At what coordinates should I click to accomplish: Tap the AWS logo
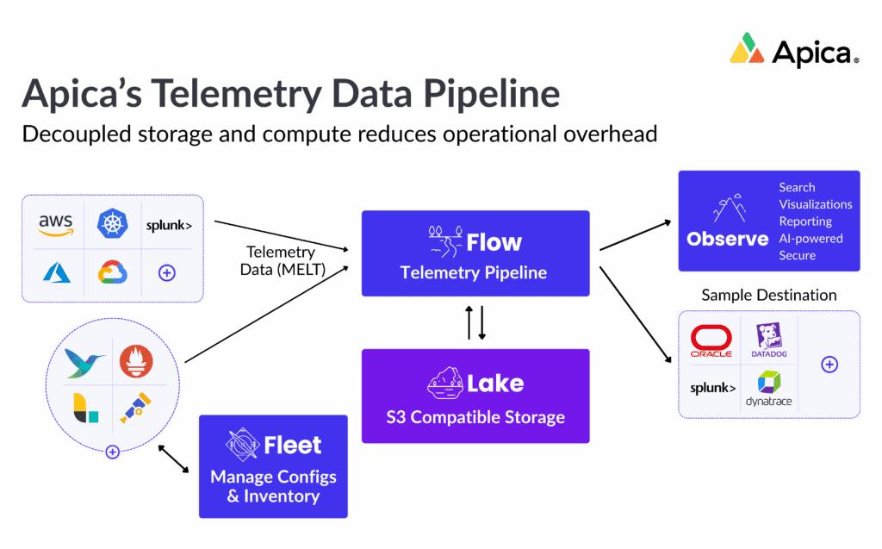tap(56, 225)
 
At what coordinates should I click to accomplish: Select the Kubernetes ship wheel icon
tap(113, 223)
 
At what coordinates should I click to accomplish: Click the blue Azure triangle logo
tap(56, 273)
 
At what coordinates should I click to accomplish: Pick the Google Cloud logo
tap(113, 273)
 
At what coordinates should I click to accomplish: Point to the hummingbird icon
tap(85, 362)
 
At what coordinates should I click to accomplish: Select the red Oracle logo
tap(711, 341)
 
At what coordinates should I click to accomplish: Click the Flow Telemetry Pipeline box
tap(475, 253)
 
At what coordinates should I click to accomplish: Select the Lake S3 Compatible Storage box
tap(475, 396)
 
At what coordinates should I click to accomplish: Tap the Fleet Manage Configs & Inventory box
tap(273, 466)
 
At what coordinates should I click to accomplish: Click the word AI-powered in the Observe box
tap(811, 238)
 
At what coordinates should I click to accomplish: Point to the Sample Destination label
tap(768, 295)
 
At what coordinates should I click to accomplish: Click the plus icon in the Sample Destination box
tap(829, 365)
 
